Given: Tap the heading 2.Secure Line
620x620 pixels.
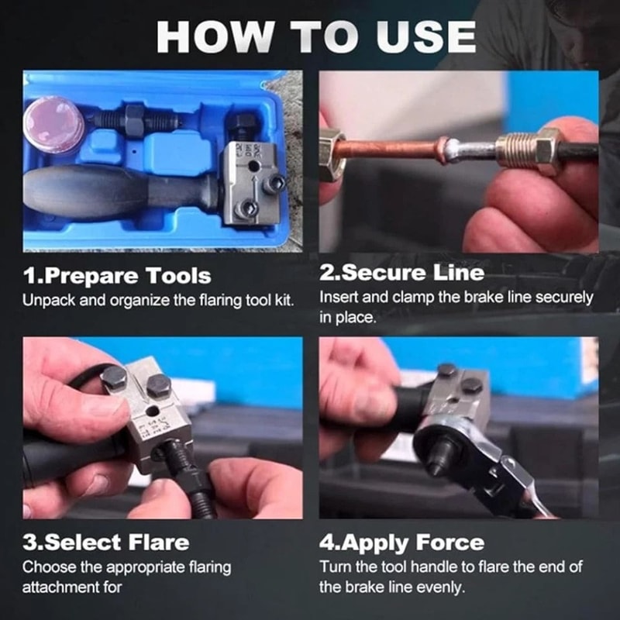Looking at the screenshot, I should (x=402, y=272).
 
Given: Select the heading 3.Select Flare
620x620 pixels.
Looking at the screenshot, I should (x=106, y=541).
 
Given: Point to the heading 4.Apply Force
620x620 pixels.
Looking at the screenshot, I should (x=401, y=541).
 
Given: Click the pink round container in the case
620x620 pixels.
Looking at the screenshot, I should (x=53, y=123).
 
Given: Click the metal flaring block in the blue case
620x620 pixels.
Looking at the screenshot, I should (x=252, y=182).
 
